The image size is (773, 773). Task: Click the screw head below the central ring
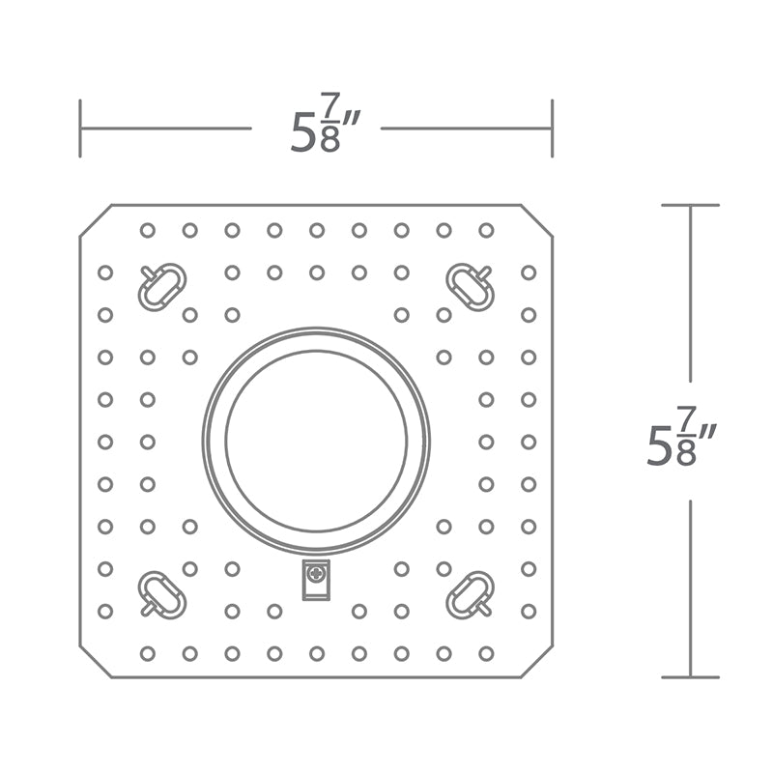tap(316, 573)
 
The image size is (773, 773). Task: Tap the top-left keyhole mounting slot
tap(161, 286)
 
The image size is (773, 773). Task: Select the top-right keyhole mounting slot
tap(470, 286)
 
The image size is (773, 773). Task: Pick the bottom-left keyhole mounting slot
tap(161, 594)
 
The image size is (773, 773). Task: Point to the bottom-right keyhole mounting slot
tap(470, 594)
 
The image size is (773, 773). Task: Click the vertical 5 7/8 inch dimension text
tap(680, 436)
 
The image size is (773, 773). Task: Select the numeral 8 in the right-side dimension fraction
tap(686, 453)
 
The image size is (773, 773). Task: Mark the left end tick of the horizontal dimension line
tap(80, 129)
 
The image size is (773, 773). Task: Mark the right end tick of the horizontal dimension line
tap(552, 129)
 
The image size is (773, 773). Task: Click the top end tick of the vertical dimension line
tap(690, 205)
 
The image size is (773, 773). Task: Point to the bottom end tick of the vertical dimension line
tap(690, 677)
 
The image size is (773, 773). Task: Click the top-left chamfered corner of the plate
tap(96, 220)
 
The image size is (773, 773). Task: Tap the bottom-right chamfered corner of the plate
tap(537, 661)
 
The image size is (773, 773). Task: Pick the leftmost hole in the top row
tap(148, 230)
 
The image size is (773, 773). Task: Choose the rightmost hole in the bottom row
tap(486, 654)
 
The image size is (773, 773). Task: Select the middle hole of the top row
tap(317, 230)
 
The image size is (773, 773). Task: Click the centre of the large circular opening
tap(316, 441)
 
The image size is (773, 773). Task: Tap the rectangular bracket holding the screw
tap(316, 580)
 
